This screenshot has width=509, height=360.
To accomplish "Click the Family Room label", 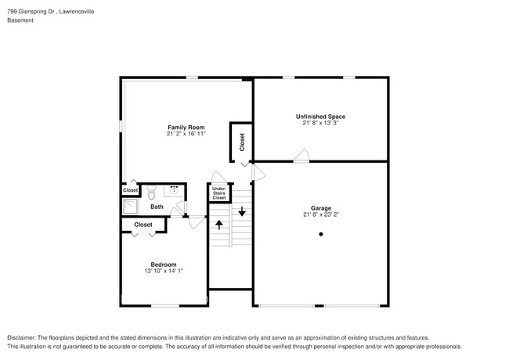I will pos(186,127).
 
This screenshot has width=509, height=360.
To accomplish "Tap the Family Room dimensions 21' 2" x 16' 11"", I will pos(186,134).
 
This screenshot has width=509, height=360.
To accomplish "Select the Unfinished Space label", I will pos(320,117).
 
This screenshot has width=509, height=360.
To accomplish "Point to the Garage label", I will pos(320,208).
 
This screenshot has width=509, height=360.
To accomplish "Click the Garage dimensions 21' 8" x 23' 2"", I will pos(320,215).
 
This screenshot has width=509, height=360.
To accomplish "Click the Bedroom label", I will pos(163,264).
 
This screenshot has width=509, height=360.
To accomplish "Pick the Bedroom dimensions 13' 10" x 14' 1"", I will pos(163,271).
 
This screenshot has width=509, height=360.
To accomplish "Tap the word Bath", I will pos(157,207).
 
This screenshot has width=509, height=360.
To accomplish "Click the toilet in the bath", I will pos(152,189).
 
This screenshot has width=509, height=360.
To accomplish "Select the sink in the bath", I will pos(174,189).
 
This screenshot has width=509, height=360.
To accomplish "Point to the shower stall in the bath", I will pos(129,206).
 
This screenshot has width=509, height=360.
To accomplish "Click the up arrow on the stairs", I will pos(219,224).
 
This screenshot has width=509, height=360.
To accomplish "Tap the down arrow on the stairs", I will pos(243,211).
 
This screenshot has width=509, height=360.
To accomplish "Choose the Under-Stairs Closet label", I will pos(219,193).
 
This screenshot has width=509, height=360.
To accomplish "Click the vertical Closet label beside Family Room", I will pos(242,142).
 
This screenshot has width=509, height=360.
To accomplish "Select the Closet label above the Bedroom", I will pos(143,225).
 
